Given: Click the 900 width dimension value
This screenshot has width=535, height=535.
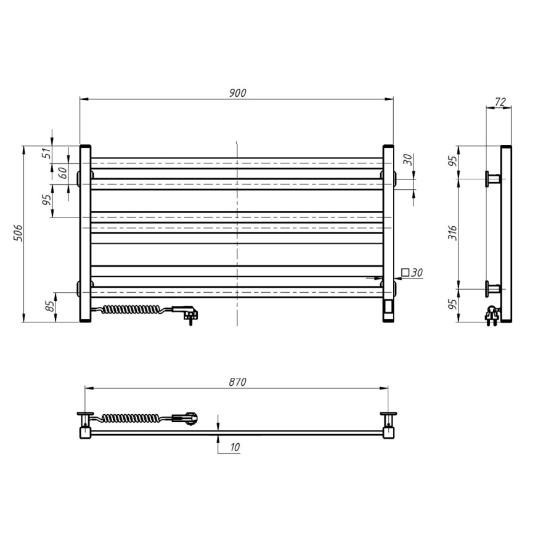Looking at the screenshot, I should pyautogui.click(x=237, y=92).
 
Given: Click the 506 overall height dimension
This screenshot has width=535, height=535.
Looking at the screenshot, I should pyautogui.click(x=18, y=233).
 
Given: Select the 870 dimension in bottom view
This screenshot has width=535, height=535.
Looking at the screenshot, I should pyautogui.click(x=237, y=382).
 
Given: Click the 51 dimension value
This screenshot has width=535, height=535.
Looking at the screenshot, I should pyautogui.click(x=47, y=153).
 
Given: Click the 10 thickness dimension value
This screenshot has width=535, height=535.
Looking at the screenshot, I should pyautogui.click(x=234, y=448).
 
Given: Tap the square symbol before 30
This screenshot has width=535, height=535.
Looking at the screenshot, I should pyautogui.click(x=404, y=272).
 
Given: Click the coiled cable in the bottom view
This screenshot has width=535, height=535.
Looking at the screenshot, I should pyautogui.click(x=136, y=419).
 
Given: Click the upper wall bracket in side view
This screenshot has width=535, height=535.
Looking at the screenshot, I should pyautogui.click(x=493, y=179).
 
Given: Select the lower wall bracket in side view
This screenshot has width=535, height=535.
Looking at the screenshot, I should pyautogui.click(x=493, y=288).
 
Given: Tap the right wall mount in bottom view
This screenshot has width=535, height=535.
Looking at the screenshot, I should pyautogui.click(x=389, y=422).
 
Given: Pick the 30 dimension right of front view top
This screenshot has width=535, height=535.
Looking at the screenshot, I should pyautogui.click(x=407, y=159).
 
